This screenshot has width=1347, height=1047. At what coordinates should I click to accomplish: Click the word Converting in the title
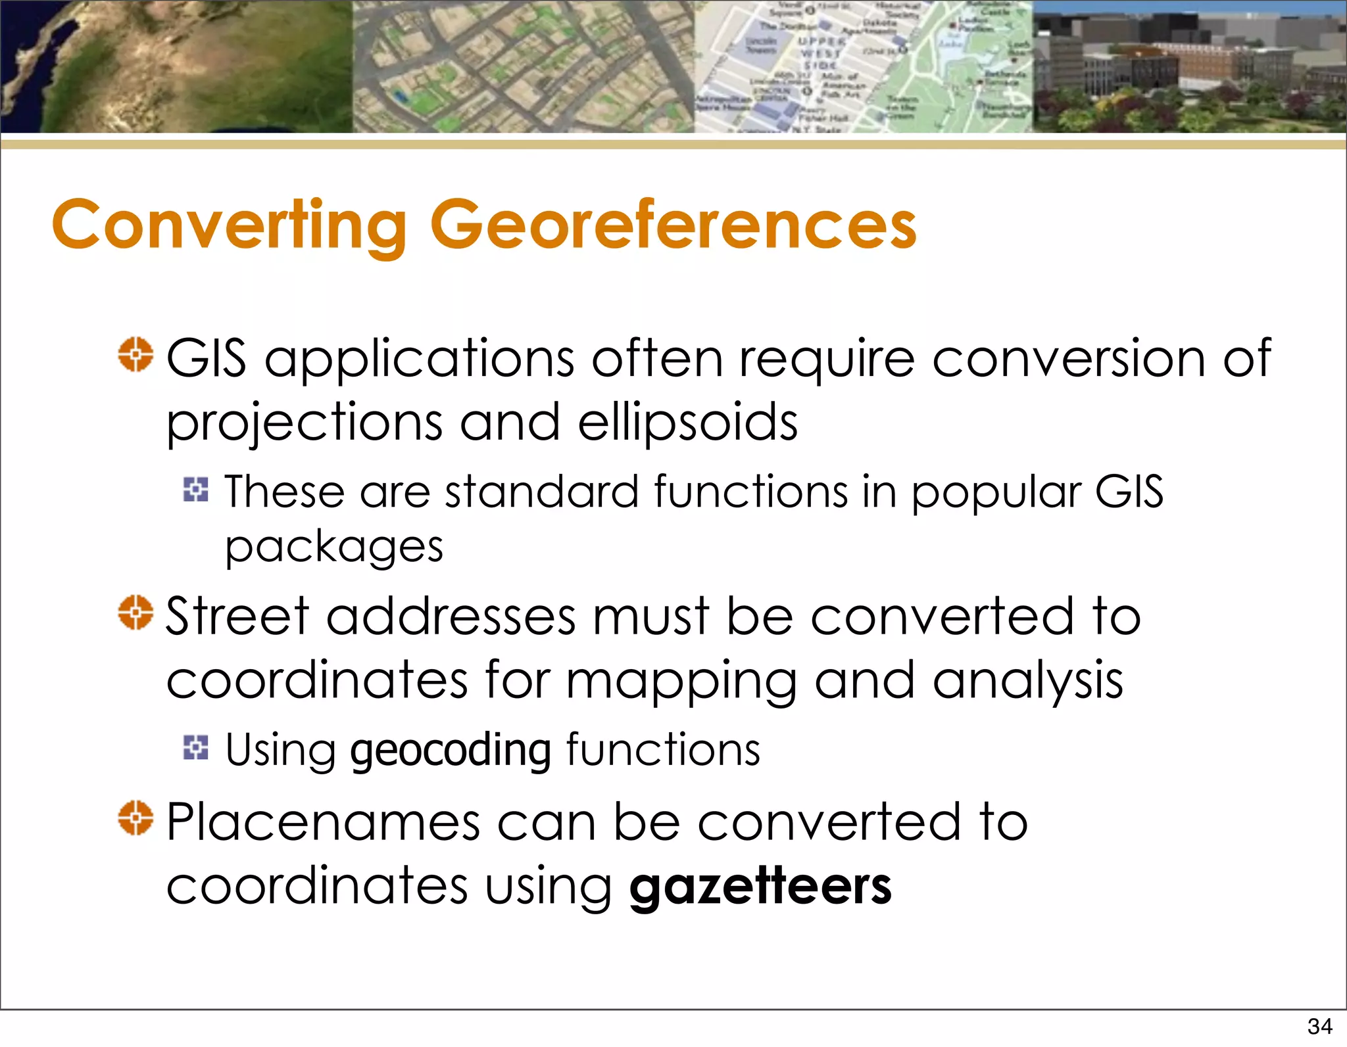[x=230, y=225]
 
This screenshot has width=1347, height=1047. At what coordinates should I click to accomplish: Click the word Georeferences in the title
[x=673, y=225]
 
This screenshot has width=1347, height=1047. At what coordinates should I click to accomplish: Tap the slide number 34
[x=1319, y=1026]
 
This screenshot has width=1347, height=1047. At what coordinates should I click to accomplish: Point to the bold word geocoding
[x=451, y=750]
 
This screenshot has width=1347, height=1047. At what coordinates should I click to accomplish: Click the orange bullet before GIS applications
[x=135, y=355]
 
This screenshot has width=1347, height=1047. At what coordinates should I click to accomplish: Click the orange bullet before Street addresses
[x=135, y=613]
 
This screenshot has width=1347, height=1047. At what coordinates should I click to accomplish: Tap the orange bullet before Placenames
[x=135, y=818]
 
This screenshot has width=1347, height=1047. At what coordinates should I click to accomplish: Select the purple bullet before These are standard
[x=195, y=490]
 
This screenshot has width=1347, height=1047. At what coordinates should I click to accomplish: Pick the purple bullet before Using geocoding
[x=195, y=747]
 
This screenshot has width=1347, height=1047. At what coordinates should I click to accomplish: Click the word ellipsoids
[x=687, y=422]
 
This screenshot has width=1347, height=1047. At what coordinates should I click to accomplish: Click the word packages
[x=334, y=547]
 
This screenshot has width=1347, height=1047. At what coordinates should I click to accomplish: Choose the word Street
[x=237, y=617]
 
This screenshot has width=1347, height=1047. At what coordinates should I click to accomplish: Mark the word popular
[x=996, y=493]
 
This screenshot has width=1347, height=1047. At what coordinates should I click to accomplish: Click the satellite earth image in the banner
[x=176, y=66]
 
